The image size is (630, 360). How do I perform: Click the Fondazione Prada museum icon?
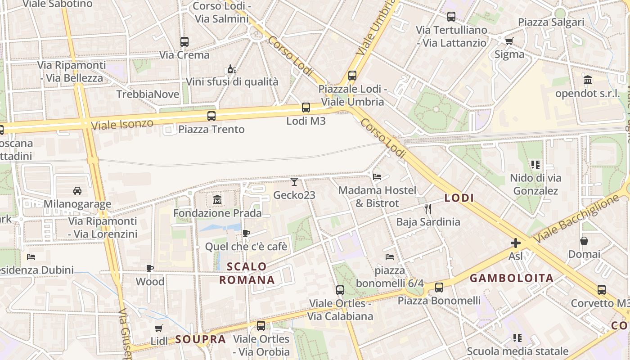tap(217, 199)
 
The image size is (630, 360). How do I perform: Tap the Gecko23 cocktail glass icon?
tap(294, 182)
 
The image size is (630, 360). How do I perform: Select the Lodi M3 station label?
tap(306, 121)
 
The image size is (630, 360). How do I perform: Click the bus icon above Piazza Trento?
tap(211, 116)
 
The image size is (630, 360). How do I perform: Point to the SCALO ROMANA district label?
tap(247, 273)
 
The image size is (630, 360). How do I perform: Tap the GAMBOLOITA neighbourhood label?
tap(512, 278)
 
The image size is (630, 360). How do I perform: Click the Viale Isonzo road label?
tap(122, 124)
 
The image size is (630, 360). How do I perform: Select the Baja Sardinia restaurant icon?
tap(428, 208)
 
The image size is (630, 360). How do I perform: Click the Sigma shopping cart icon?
tap(509, 41)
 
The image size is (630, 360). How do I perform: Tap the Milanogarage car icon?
tap(77, 190)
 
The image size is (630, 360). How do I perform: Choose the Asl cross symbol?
tap(516, 243)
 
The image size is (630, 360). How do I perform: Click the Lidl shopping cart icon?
tap(158, 328)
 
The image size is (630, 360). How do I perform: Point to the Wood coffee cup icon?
tap(150, 269)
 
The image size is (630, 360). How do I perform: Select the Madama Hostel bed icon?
tap(378, 176)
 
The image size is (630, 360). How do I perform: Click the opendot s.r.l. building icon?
tap(587, 80)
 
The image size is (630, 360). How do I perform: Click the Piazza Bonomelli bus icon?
tap(439, 287)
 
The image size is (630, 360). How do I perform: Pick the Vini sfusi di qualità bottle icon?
tap(232, 69)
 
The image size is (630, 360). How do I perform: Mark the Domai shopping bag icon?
tap(584, 241)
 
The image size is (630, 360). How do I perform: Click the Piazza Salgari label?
tap(551, 22)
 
